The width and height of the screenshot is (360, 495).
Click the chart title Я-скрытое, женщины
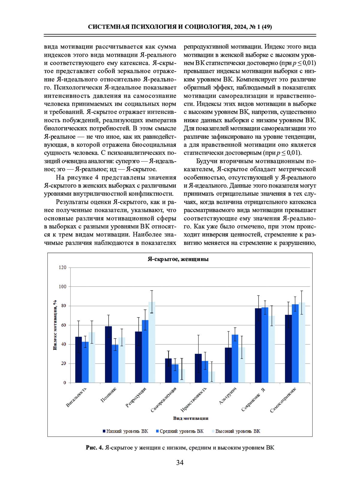tap(178, 259)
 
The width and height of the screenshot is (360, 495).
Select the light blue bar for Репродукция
tap(152, 342)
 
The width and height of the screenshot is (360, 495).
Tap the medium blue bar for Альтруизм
tap(235, 359)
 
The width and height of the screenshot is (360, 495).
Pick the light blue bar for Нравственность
tap(212, 377)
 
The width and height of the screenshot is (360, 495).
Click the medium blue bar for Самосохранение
tap(295, 343)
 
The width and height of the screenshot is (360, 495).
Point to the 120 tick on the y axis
tap(62, 267)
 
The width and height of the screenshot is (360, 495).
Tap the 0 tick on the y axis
tap(64, 383)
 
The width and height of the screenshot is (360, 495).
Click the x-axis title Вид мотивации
tap(190, 418)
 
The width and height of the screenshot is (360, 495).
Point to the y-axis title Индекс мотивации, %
tap(55, 325)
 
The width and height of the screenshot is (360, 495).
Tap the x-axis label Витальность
tap(76, 397)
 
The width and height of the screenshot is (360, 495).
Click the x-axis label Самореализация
tap(164, 400)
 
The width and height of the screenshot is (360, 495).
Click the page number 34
tap(180, 463)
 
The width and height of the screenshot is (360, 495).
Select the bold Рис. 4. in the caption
tap(94, 448)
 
